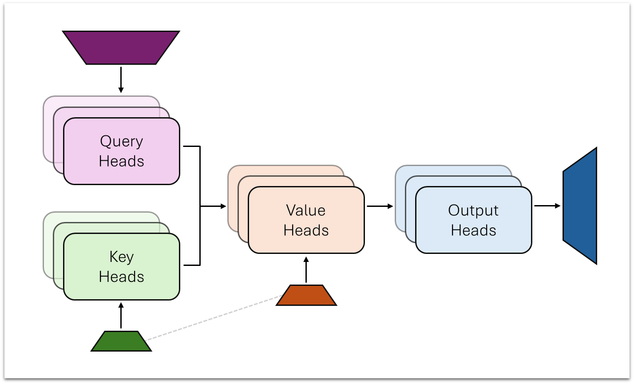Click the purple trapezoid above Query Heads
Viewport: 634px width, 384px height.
[121, 48]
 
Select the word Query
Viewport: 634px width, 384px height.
[122, 142]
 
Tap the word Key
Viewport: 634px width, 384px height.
[121, 257]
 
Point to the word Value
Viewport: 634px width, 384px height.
[306, 210]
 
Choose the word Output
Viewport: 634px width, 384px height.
[473, 210]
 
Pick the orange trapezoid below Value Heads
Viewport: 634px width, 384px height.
[306, 295]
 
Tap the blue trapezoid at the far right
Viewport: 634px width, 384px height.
[580, 206]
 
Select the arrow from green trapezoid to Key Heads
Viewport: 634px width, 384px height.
[121, 316]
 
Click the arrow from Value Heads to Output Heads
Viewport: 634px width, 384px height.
[380, 206]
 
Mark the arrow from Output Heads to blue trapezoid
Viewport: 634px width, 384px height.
[547, 206]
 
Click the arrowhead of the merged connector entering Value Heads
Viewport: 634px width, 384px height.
[223, 206]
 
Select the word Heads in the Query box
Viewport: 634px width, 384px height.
[122, 161]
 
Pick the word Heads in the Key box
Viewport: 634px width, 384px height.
[121, 277]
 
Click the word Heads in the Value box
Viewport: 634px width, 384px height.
[306, 230]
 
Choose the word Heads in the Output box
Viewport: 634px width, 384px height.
[473, 230]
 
